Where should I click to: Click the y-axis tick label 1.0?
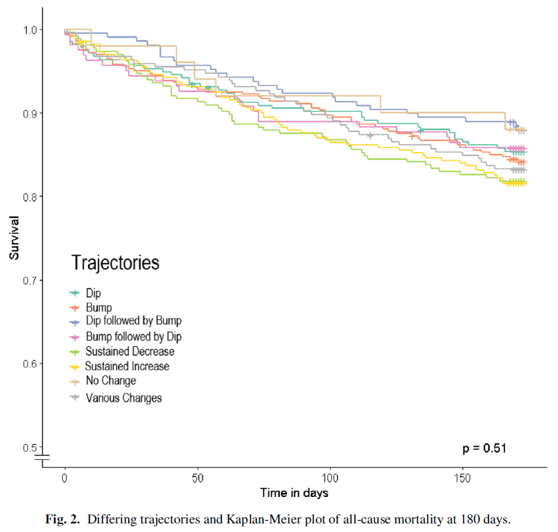click(x=29, y=30)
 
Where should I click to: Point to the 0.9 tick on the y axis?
click(x=29, y=114)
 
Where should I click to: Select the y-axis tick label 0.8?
click(x=29, y=197)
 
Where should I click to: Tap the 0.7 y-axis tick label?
click(x=29, y=280)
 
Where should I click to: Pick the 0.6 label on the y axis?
click(x=29, y=363)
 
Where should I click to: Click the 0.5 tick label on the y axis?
click(x=29, y=447)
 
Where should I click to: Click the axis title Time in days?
click(x=294, y=492)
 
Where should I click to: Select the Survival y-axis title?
click(x=14, y=239)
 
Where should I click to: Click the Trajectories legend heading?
click(x=115, y=262)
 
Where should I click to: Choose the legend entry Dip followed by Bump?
click(x=133, y=321)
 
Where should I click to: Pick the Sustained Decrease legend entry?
click(x=130, y=351)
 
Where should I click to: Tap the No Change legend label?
click(x=110, y=381)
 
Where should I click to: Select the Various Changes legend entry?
click(x=123, y=397)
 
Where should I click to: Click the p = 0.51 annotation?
click(x=484, y=448)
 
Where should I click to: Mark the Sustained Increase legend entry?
click(x=127, y=366)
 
